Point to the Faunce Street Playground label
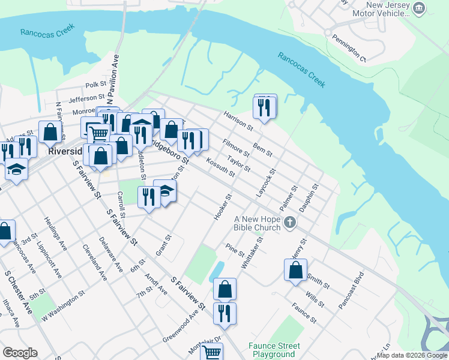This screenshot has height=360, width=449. click(x=274, y=350)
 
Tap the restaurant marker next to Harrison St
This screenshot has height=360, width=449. click(x=264, y=107)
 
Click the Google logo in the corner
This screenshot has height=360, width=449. click(x=20, y=352)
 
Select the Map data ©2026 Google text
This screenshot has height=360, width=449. click(x=411, y=355)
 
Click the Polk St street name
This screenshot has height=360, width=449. click(x=95, y=86)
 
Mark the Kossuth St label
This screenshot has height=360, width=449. click(x=220, y=167)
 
